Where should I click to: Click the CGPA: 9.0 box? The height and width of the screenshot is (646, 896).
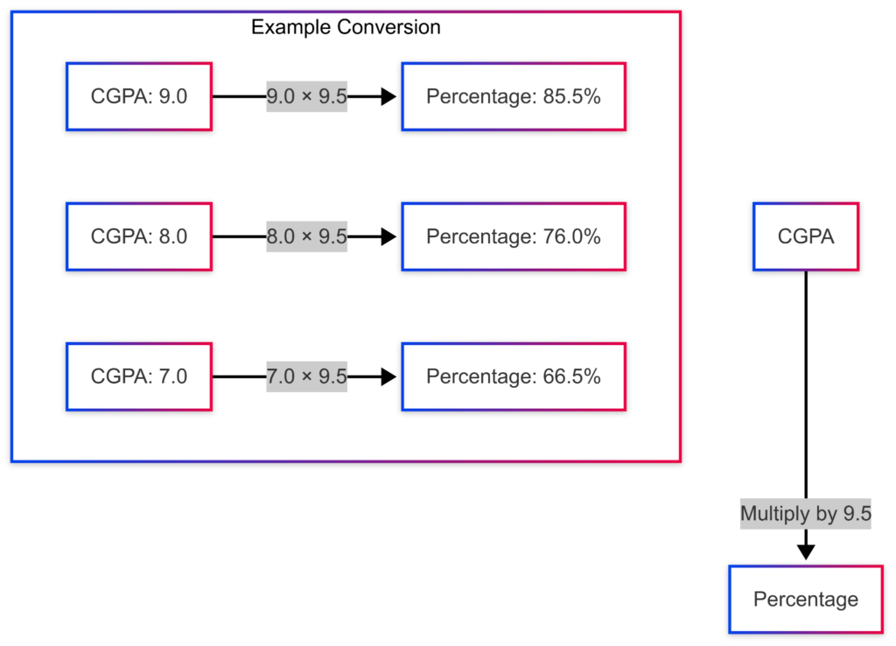139,97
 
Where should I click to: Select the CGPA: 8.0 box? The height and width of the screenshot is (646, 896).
139,236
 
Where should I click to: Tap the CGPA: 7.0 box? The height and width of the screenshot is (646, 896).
139,376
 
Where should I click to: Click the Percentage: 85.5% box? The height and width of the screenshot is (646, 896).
514,97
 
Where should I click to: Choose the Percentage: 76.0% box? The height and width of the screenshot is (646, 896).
514,236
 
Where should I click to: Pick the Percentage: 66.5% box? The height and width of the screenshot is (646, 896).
514,376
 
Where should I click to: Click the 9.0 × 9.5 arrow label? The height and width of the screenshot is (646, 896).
307,97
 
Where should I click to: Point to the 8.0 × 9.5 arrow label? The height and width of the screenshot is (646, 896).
307,236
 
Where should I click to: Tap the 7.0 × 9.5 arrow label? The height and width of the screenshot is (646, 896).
307,376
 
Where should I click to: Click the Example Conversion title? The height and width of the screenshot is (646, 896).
346,27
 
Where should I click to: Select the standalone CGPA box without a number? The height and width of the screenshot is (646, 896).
806,236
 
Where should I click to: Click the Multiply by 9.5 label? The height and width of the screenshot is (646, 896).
806,514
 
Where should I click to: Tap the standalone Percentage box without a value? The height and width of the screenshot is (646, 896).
806,600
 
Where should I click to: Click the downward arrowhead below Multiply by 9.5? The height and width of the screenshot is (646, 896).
806,551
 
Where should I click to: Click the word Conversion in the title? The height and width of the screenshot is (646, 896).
390,27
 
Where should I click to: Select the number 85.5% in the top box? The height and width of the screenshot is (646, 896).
571,97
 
